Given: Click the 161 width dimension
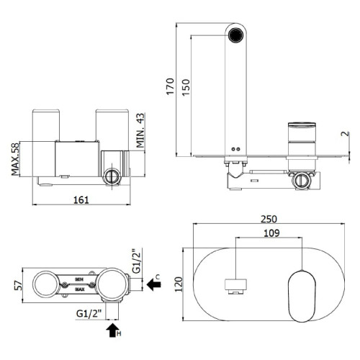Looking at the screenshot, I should click(81, 199).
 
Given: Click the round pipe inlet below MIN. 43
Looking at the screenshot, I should click(111, 175).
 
